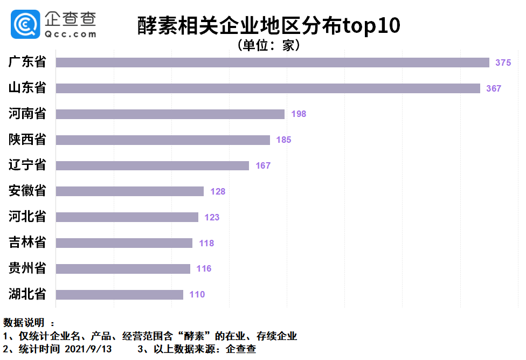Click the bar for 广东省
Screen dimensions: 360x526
pos(272,63)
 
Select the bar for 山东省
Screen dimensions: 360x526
pos(268,88)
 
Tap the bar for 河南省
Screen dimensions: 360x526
pos(170,114)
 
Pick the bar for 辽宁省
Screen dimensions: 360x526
pos(152,165)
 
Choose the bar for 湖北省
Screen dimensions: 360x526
pos(119,295)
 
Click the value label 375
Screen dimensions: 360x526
pos(503,63)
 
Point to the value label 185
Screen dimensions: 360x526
pos(283,140)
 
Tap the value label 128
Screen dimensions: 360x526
pos(218,191)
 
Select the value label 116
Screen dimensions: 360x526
pos(204,268)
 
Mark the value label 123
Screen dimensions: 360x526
pos(212,217)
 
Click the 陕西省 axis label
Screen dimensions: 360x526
pos(27,140)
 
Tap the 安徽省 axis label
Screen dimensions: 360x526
pos(27,191)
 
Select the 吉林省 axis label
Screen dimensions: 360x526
pos(27,243)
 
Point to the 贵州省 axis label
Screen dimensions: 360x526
pos(27,268)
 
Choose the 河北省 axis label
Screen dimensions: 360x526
pos(27,217)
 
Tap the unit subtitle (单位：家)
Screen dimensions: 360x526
pos(269,45)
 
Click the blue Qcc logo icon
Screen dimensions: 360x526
pos(25,24)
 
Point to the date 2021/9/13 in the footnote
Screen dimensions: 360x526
pos(88,349)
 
